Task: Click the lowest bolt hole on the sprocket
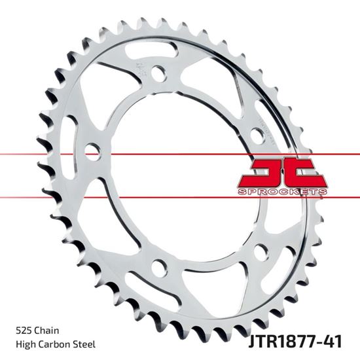pyautogui.click(x=158, y=267)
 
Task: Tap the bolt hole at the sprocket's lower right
pyautogui.click(x=261, y=251)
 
